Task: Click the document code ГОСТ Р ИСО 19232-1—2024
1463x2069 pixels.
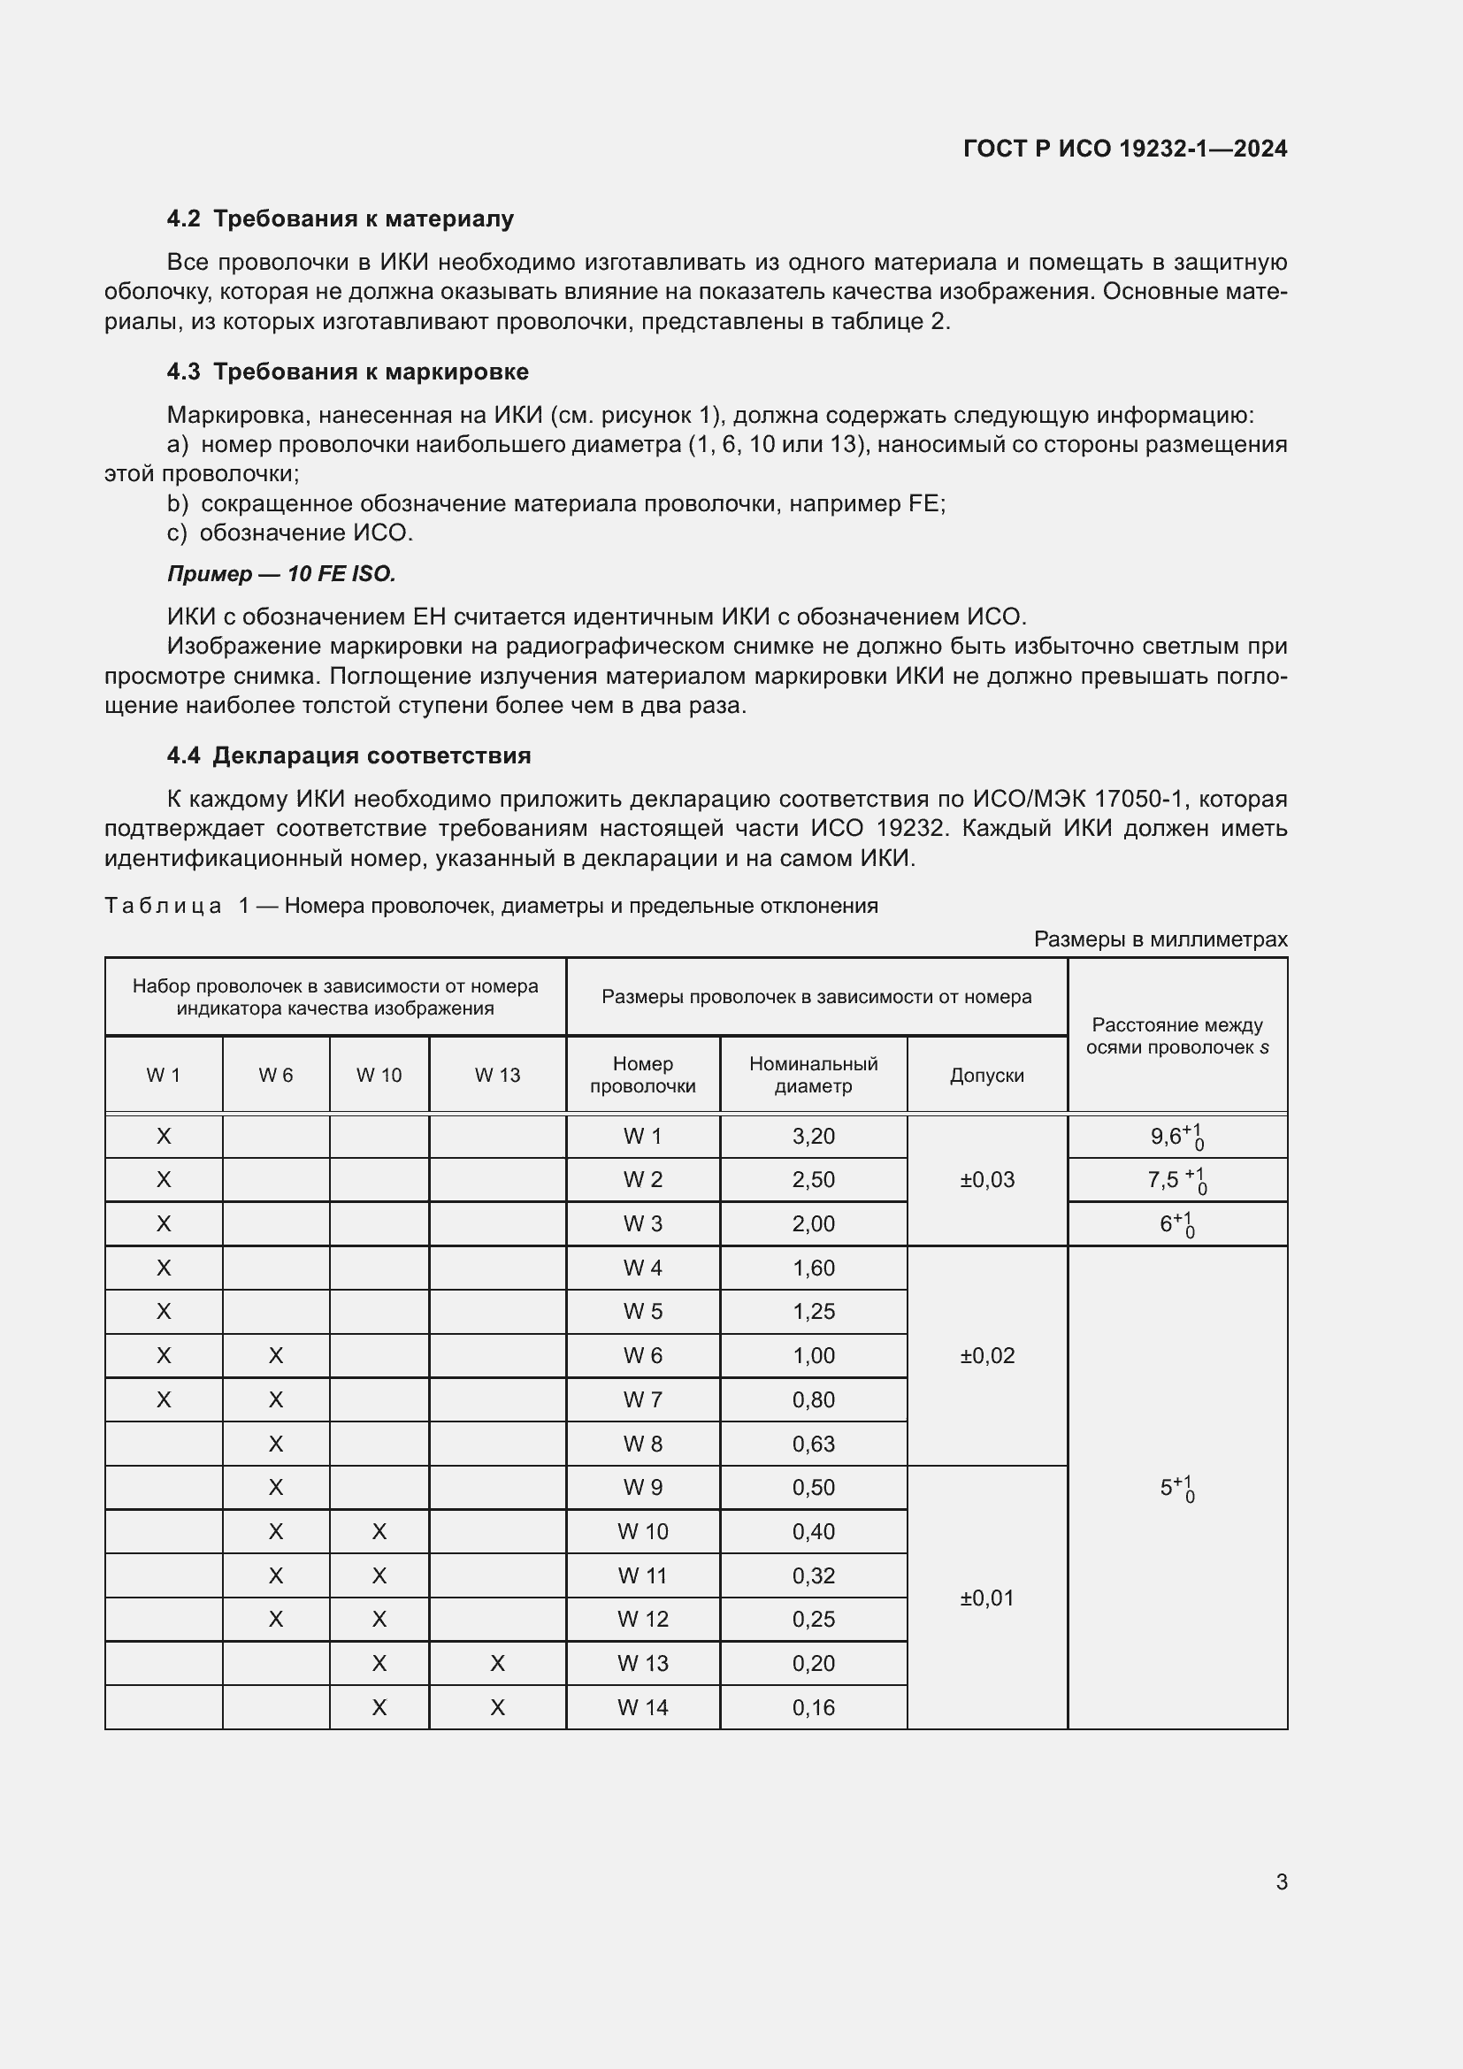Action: tap(1124, 149)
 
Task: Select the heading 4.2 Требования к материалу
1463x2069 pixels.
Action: tap(340, 219)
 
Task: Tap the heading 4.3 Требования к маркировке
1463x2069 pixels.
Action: tap(347, 372)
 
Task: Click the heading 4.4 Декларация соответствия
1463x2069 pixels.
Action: tap(349, 755)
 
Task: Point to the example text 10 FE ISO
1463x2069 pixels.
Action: tap(341, 574)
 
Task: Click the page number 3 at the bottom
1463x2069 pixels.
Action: tap(1281, 1881)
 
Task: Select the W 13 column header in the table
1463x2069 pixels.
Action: tap(497, 1075)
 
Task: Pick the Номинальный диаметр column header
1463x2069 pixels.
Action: tap(813, 1075)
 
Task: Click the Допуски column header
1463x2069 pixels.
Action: tap(986, 1075)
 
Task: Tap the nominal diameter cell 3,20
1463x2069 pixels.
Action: tap(813, 1137)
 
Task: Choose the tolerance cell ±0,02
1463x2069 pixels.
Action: tap(986, 1355)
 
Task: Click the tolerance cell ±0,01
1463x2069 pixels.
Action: tap(986, 1598)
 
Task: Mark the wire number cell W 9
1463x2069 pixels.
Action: tap(642, 1488)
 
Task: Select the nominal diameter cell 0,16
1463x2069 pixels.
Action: tap(813, 1707)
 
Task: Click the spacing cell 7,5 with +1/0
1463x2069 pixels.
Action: tap(1176, 1180)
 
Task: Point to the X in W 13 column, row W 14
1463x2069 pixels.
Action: tap(497, 1707)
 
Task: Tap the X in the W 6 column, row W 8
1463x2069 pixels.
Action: tap(276, 1444)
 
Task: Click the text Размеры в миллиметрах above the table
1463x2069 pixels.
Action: tap(1160, 939)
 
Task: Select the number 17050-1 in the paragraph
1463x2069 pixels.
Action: tap(1137, 799)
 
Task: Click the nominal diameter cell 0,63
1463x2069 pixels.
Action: tap(813, 1444)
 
